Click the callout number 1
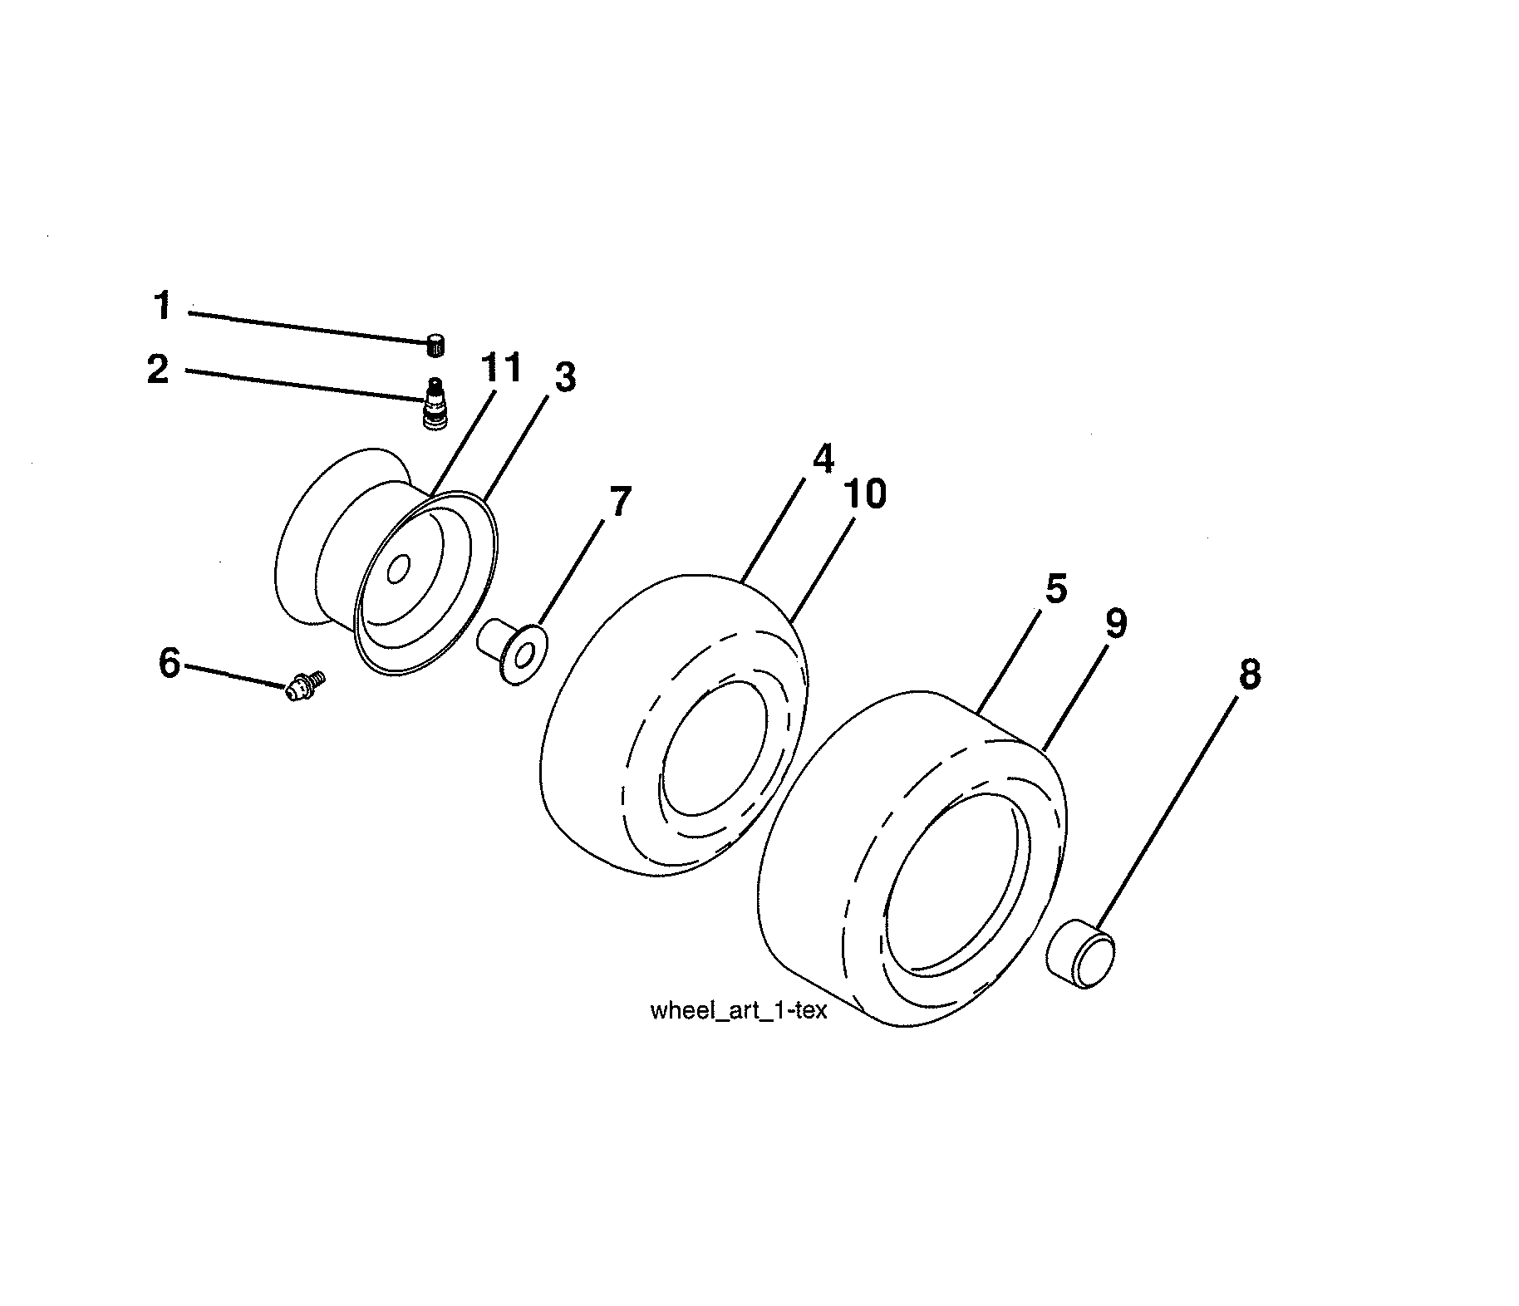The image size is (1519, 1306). [163, 306]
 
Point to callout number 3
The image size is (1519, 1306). [564, 378]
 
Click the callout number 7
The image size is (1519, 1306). [620, 502]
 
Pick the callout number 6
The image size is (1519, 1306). [170, 663]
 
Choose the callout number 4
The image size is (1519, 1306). [822, 459]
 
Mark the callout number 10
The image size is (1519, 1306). [865, 494]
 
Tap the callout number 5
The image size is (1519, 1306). [1055, 589]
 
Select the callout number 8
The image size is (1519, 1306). [1249, 674]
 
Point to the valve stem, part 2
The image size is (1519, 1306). [433, 404]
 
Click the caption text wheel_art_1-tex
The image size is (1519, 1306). [738, 1011]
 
